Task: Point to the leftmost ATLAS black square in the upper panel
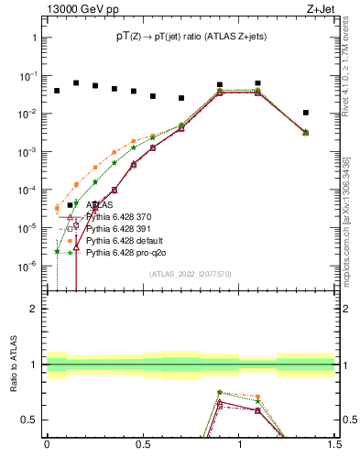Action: (57, 91)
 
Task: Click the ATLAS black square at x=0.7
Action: (181, 98)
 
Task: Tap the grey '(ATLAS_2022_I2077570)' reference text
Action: (190, 273)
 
